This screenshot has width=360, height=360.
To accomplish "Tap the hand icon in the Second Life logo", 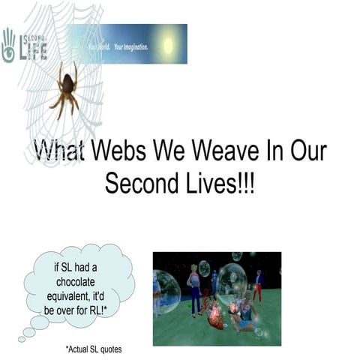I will point(9,47).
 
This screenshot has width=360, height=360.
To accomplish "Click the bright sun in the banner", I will point(166,44).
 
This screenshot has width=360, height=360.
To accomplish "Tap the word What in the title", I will point(59,150).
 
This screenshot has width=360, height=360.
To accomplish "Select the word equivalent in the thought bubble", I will point(80,295).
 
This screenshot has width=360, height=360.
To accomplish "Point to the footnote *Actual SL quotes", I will point(93,349).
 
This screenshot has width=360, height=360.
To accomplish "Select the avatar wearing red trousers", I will point(259,285).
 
